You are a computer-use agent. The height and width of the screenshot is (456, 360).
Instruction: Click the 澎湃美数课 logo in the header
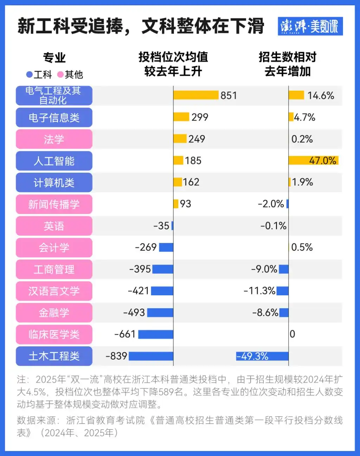pos(310,26)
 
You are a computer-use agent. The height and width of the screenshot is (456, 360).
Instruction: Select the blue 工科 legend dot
pos(30,75)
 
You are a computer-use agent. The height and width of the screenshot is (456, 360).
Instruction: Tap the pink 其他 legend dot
pos(60,75)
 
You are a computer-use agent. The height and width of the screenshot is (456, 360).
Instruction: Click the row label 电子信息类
pos(54,117)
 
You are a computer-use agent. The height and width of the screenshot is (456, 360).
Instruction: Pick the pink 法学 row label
pos(54,139)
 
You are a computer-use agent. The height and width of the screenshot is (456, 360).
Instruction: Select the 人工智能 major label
pos(54,161)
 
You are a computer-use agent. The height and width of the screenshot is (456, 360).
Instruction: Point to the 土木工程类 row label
pos(54,356)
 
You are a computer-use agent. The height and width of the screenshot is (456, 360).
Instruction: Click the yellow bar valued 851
pos(196,95)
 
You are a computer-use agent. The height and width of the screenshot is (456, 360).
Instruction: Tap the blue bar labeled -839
pos(151,356)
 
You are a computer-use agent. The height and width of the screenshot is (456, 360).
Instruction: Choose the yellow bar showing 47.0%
pos(313,161)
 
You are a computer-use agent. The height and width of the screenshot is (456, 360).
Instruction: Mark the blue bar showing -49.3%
pos(262,356)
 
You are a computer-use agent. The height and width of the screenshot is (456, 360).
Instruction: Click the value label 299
pos(200,117)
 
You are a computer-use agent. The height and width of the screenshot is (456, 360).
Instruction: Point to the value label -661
pos(125,334)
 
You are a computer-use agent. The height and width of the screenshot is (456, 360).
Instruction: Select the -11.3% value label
pos(259,291)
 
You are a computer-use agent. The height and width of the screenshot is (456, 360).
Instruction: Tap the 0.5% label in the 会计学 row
pos(302,247)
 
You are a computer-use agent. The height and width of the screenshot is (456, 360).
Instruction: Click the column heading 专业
pos(54,57)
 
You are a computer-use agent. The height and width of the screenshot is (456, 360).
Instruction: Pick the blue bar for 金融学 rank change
pos(160,313)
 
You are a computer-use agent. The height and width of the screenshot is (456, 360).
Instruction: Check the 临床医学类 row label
pos(54,334)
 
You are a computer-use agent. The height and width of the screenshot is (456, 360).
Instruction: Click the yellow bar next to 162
pos(178,182)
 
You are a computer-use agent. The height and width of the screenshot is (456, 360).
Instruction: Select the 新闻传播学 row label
pos(54,204)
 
